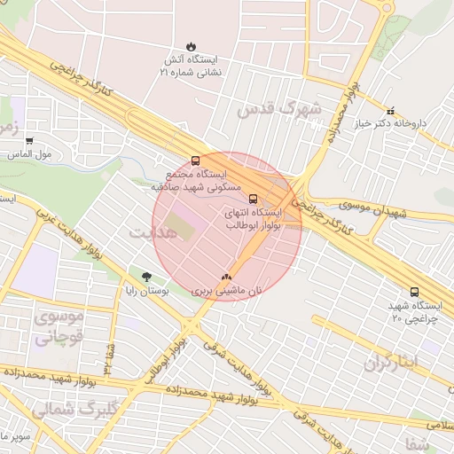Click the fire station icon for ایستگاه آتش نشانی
click(x=191, y=46)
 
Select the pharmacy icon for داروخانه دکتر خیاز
click(x=391, y=111)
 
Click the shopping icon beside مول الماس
click(x=29, y=141)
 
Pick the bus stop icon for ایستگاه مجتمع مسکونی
click(x=195, y=161)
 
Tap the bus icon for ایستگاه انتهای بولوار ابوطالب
click(x=254, y=199)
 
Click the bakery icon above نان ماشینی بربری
click(x=227, y=277)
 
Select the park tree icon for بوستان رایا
click(x=146, y=277)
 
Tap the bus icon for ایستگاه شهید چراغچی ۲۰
click(x=414, y=292)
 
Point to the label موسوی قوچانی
click(x=59, y=326)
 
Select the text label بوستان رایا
click(x=145, y=291)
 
